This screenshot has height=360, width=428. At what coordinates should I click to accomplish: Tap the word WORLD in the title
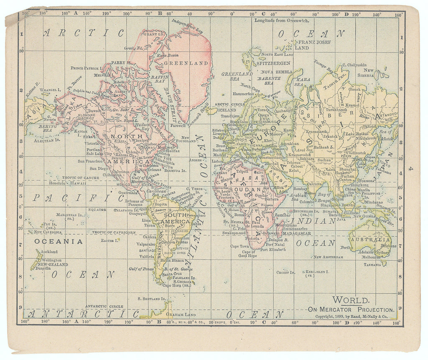(351, 300)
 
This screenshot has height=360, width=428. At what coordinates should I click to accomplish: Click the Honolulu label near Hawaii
(58, 183)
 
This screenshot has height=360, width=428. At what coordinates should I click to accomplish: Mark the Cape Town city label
(239, 246)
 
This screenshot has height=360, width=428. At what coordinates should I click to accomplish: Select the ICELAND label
(228, 110)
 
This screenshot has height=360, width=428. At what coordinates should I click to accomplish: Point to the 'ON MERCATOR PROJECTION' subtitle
(351, 309)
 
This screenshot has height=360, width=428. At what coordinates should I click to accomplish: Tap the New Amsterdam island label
(328, 257)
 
